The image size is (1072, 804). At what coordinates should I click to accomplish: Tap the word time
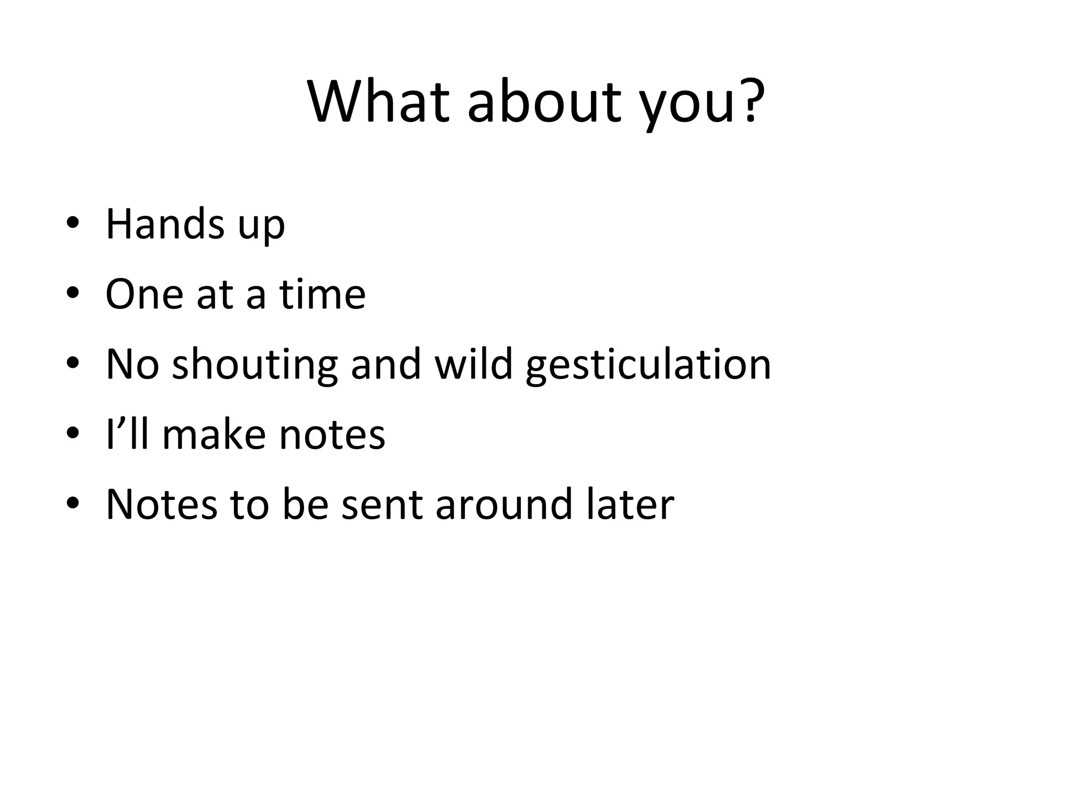click(322, 294)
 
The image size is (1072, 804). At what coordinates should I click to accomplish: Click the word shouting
click(255, 364)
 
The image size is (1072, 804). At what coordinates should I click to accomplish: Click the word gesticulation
click(648, 364)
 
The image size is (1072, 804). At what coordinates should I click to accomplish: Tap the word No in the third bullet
click(132, 364)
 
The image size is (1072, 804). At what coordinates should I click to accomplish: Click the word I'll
click(127, 434)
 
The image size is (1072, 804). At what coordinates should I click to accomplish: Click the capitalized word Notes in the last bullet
click(161, 505)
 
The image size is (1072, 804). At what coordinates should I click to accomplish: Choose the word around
click(504, 505)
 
